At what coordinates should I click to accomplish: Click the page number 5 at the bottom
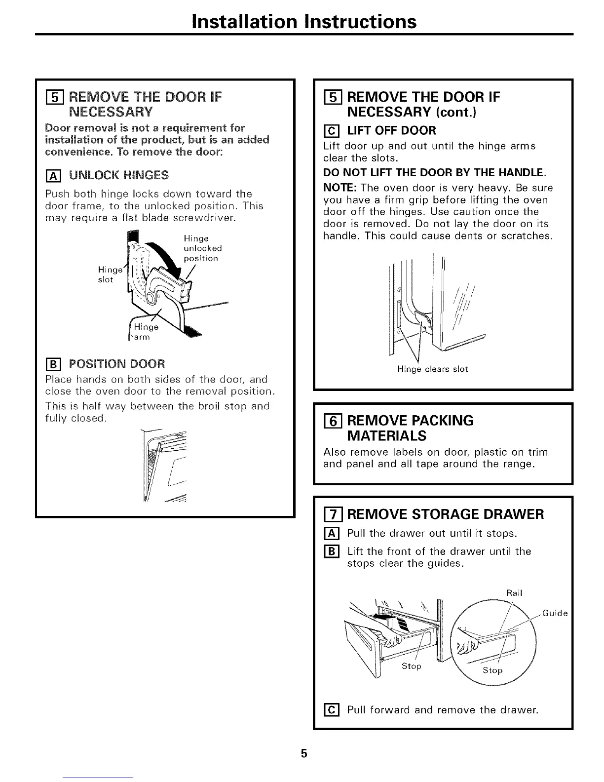click(x=304, y=753)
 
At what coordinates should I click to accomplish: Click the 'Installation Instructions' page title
click(x=304, y=21)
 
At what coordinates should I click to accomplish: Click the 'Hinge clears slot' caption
click(x=432, y=369)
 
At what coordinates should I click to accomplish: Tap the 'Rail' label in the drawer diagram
click(x=514, y=593)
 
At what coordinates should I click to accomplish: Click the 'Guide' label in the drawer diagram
click(x=555, y=614)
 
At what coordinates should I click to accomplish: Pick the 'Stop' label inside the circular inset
click(x=492, y=670)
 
